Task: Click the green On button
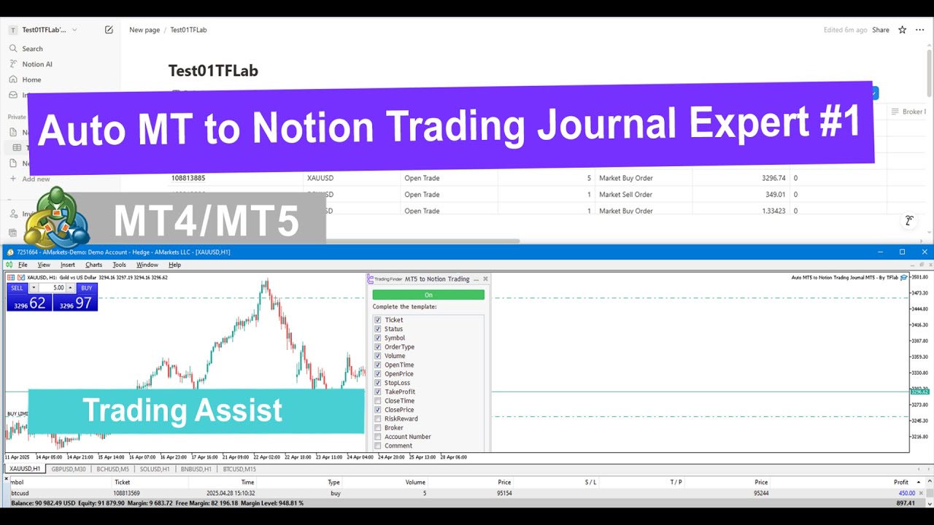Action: click(x=428, y=295)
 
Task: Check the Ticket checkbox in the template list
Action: click(x=378, y=320)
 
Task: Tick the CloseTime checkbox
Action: click(x=378, y=401)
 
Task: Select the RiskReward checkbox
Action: click(x=378, y=419)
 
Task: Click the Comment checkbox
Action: click(x=378, y=446)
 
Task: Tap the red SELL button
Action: click(x=18, y=288)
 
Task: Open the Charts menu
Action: click(x=93, y=265)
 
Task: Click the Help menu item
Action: click(x=174, y=265)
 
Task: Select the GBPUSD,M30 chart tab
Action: click(x=69, y=469)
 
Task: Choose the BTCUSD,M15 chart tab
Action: click(x=239, y=469)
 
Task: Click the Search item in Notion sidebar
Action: click(x=32, y=49)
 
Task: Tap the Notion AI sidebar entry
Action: click(x=36, y=64)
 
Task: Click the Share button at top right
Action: click(x=881, y=30)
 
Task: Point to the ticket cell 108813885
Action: click(x=188, y=178)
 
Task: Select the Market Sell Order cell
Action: click(x=625, y=195)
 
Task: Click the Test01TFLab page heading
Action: click(x=213, y=71)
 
